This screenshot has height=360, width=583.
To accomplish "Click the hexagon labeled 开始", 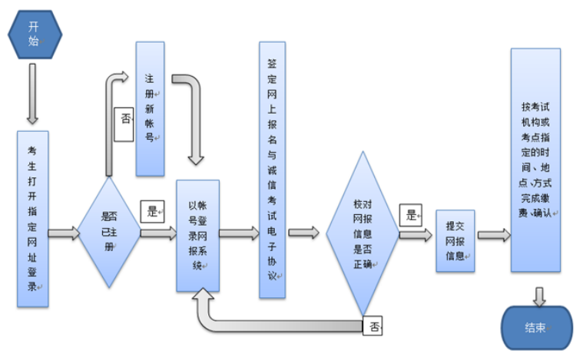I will coord(32,33).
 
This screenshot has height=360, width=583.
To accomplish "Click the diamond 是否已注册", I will coord(108,231).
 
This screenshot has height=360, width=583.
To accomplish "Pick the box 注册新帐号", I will coord(150,108).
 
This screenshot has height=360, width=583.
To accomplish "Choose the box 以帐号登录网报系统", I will coord(197,235).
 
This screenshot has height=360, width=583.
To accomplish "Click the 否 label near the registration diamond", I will coord(125,119).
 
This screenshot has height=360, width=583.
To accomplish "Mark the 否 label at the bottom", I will coord(373,325).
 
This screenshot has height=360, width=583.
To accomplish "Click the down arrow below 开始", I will coord(32,93).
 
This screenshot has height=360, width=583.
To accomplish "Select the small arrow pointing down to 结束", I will coord(539,295).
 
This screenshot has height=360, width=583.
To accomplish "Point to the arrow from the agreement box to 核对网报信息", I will coord(304,232).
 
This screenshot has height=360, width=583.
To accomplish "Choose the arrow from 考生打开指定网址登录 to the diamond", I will coord(64,233).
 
